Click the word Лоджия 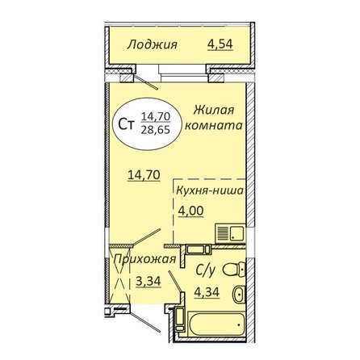[x=153, y=44]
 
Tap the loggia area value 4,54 [x=220, y=44]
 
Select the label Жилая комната [x=214, y=118]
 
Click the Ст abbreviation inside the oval [x=127, y=124]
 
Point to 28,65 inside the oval [x=156, y=130]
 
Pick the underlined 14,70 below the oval [x=144, y=175]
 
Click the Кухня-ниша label [x=210, y=190]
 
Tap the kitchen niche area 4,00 [x=190, y=211]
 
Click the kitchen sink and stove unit [x=230, y=233]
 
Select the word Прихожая [x=144, y=260]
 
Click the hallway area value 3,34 [x=149, y=282]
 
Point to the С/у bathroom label [x=206, y=270]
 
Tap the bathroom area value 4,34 [x=207, y=291]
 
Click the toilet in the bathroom [x=235, y=269]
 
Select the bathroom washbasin [x=240, y=294]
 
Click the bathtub [x=216, y=324]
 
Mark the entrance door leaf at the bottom [x=145, y=318]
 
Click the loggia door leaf [x=146, y=82]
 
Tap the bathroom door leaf [x=176, y=282]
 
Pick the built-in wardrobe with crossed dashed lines [x=120, y=274]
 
